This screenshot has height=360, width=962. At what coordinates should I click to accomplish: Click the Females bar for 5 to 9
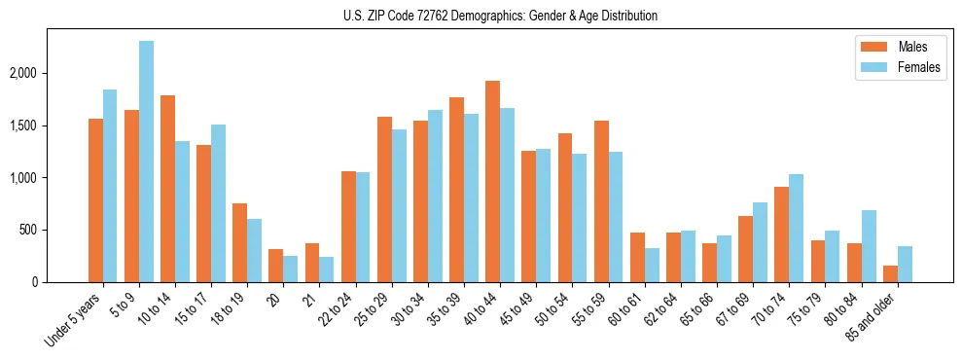146,162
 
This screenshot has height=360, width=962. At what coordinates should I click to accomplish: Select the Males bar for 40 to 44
492,182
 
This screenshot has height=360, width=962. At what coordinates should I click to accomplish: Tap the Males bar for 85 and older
890,273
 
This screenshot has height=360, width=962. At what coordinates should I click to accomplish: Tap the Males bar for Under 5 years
95,200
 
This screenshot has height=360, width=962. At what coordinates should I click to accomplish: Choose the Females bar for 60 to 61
652,266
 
